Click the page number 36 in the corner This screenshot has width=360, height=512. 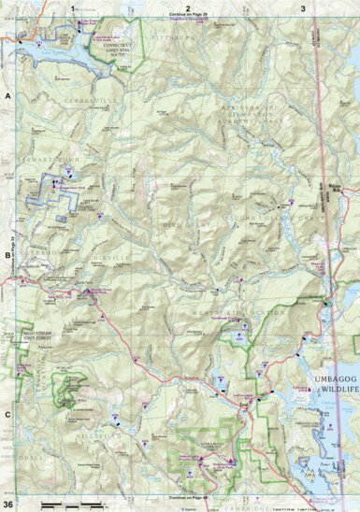(8, 505)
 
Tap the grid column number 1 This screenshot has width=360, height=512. (74, 7)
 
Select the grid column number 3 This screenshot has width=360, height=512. (302, 7)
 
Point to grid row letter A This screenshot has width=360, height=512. (7, 97)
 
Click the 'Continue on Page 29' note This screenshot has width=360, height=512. (187, 15)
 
